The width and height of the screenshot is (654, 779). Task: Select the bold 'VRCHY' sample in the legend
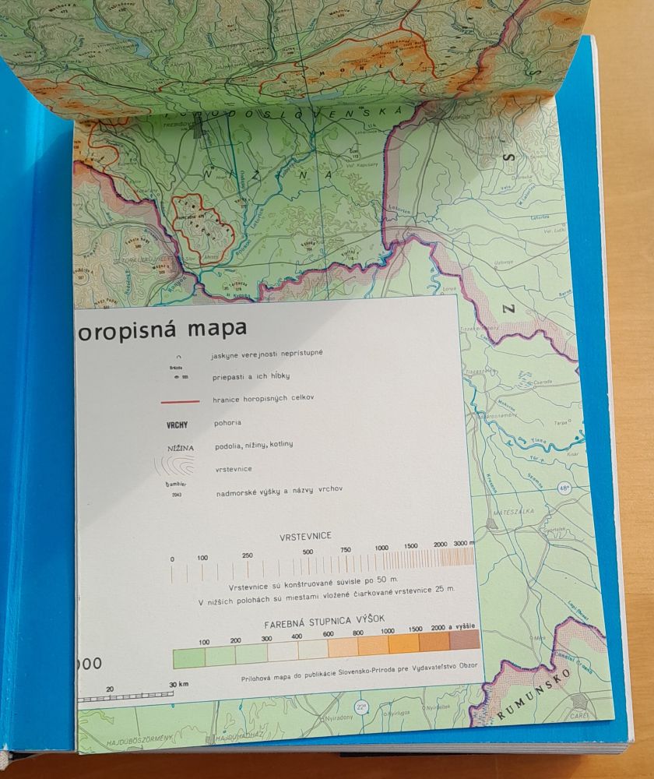[x=178, y=425]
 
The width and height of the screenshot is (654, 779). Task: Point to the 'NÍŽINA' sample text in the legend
[x=179, y=448]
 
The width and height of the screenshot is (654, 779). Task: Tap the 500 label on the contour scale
[x=308, y=552]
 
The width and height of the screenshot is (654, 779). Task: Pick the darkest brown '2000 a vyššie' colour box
[x=465, y=640]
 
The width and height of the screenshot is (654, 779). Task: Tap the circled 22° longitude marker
[x=360, y=706]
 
